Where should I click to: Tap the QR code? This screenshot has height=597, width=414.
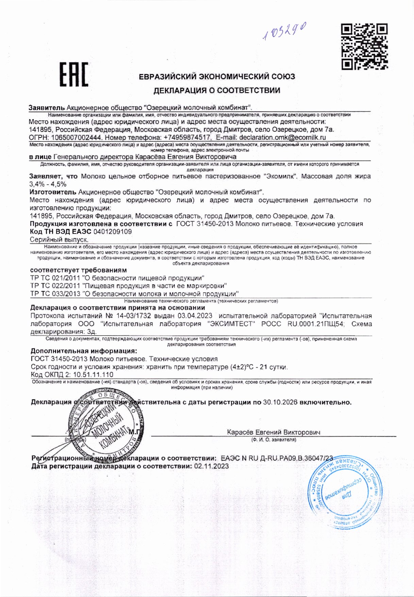click(364, 46)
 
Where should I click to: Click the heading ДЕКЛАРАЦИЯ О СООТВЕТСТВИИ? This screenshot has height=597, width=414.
click(217, 90)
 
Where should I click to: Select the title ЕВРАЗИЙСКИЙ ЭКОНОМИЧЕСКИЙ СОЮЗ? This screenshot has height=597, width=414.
click(217, 76)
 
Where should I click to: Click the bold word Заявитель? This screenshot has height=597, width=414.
click(47, 108)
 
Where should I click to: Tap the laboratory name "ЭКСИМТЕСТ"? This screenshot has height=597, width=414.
click(231, 324)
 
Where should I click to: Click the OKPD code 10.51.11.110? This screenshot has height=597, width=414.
click(93, 375)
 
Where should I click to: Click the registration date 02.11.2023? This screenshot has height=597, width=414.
click(211, 466)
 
